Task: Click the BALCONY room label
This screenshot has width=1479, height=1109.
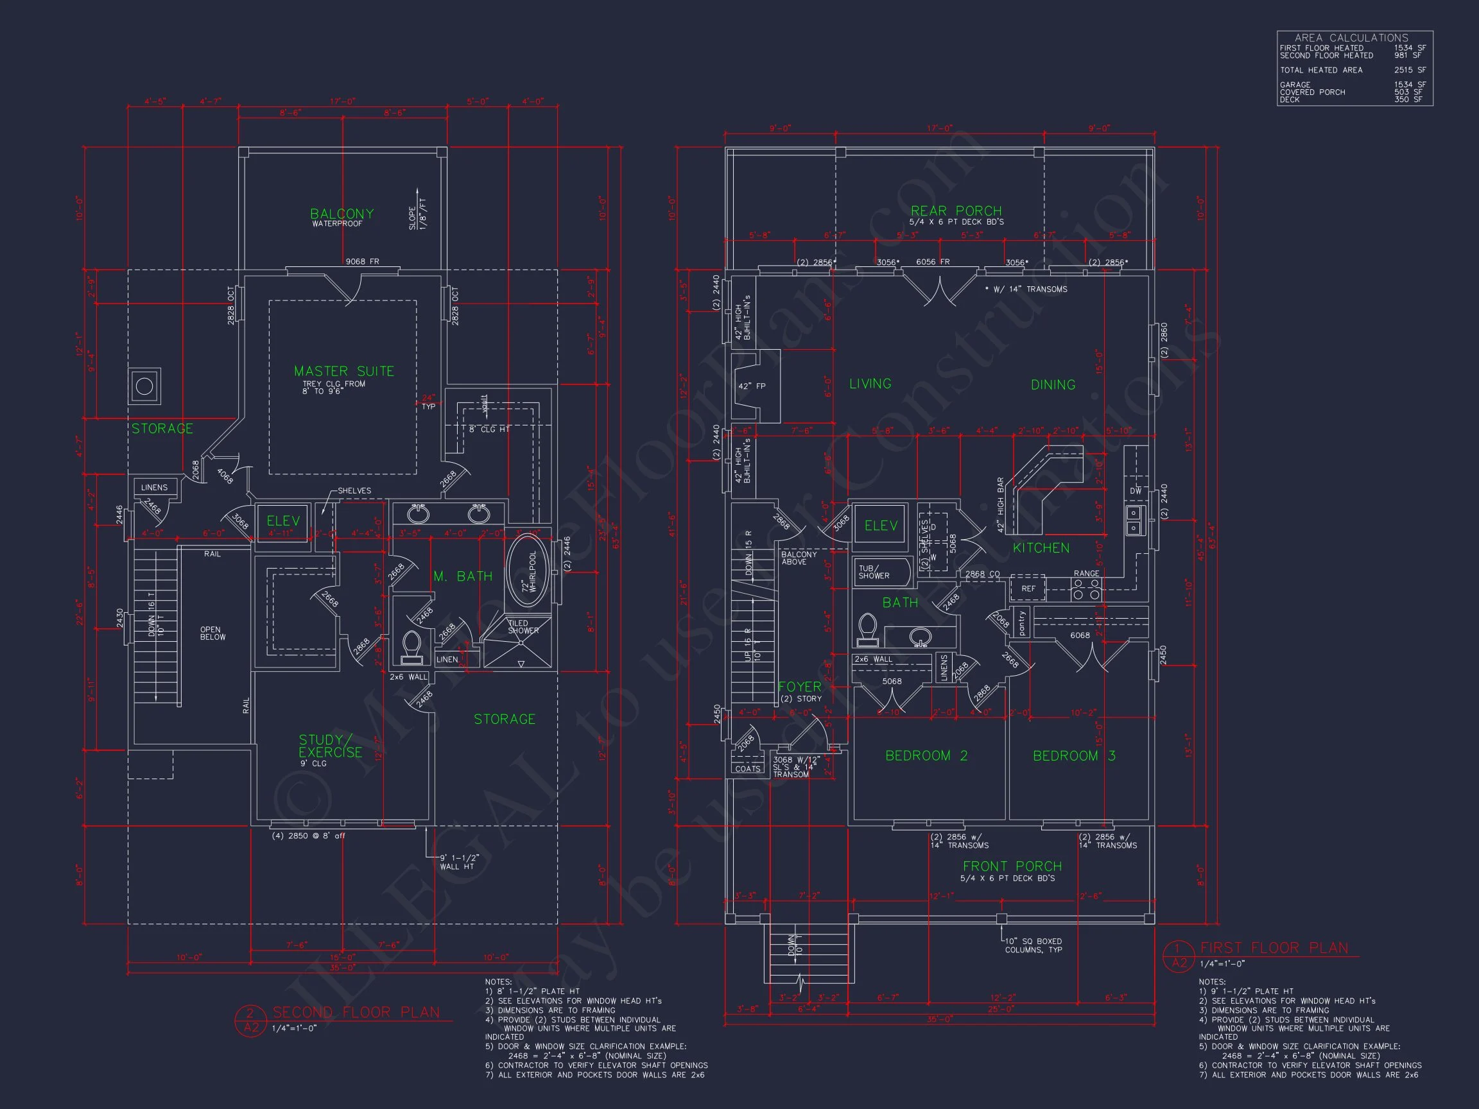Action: click(x=342, y=214)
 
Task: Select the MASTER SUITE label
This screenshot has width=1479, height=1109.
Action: click(x=343, y=371)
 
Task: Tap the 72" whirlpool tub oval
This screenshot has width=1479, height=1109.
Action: click(x=528, y=572)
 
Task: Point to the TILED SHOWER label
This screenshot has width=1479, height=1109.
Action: click(x=523, y=627)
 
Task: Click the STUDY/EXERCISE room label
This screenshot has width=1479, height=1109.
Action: click(x=330, y=746)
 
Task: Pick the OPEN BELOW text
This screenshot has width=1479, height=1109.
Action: click(x=212, y=633)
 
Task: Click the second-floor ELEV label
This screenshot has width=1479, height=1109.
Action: click(x=283, y=520)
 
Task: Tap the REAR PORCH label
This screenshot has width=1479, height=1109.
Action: click(x=956, y=211)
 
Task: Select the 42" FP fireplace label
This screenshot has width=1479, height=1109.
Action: click(x=752, y=386)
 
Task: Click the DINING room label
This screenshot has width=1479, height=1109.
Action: click(x=1053, y=384)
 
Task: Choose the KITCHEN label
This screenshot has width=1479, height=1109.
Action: click(x=1041, y=548)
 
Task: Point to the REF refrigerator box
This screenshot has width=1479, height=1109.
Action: click(x=1028, y=589)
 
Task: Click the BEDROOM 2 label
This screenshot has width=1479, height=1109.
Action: click(x=926, y=755)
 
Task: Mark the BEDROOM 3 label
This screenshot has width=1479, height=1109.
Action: click(x=1074, y=755)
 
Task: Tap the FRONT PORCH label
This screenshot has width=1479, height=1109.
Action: click(x=1012, y=866)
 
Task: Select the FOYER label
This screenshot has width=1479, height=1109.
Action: click(x=800, y=687)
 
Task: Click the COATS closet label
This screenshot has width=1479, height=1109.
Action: click(x=747, y=769)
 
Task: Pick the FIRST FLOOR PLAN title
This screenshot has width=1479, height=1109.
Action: click(x=1274, y=948)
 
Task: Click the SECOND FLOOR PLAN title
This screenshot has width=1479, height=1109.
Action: click(x=356, y=1012)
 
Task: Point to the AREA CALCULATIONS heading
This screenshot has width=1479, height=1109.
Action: click(x=1351, y=38)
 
